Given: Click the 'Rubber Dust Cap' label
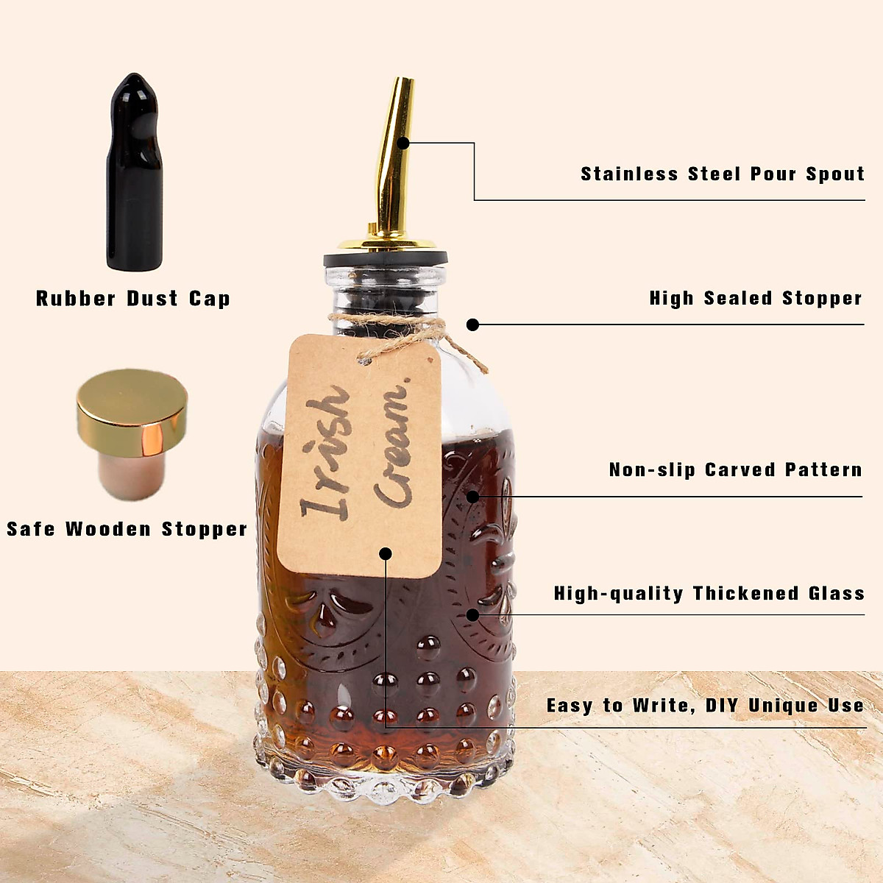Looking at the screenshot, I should pyautogui.click(x=133, y=298).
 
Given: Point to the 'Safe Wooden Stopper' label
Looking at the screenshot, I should pyautogui.click(x=127, y=528).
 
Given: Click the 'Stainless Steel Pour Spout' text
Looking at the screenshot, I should pyautogui.click(x=722, y=174).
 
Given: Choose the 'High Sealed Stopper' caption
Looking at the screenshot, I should pyautogui.click(x=755, y=298).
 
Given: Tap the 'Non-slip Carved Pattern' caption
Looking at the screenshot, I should pyautogui.click(x=735, y=469).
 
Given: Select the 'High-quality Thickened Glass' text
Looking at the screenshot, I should pyautogui.click(x=709, y=593).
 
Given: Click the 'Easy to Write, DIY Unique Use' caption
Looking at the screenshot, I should pyautogui.click(x=705, y=705).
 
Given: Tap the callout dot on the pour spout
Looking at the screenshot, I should pyautogui.click(x=403, y=143).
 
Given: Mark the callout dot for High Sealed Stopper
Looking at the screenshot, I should pyautogui.click(x=473, y=325).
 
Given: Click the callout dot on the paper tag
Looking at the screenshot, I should pyautogui.click(x=386, y=553).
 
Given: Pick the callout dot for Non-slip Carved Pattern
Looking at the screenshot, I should pyautogui.click(x=473, y=497).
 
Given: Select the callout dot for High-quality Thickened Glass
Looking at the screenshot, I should pyautogui.click(x=473, y=614).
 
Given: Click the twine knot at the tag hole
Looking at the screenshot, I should pyautogui.click(x=366, y=358).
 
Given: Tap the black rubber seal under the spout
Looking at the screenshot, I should pyautogui.click(x=386, y=259).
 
